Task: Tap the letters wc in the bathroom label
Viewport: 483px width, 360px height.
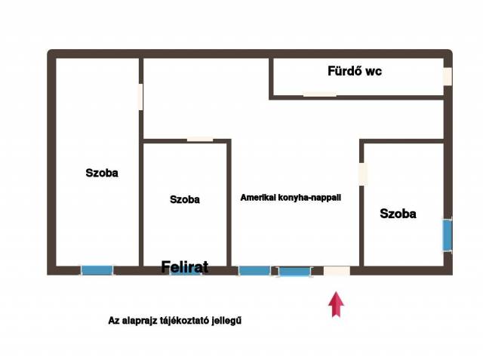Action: click(374, 72)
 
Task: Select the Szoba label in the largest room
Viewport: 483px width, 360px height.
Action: click(102, 173)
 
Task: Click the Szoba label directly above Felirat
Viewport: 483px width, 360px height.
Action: click(185, 199)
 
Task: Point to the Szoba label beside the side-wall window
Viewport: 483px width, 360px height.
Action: click(398, 214)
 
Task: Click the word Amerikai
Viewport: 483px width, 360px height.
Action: click(258, 198)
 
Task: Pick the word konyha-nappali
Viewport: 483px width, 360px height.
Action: click(309, 198)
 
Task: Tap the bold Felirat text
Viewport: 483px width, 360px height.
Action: click(185, 266)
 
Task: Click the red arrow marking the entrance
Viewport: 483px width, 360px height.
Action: click(336, 304)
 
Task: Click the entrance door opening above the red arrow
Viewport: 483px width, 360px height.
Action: click(337, 271)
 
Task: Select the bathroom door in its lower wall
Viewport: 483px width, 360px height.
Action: click(320, 94)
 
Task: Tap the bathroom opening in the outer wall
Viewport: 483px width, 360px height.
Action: click(448, 76)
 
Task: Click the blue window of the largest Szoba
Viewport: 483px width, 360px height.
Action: click(97, 270)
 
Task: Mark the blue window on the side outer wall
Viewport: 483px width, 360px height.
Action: click(448, 235)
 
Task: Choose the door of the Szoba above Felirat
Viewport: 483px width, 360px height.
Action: click(200, 140)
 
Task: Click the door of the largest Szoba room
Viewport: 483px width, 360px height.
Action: click(141, 97)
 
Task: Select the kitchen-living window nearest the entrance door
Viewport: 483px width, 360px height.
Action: click(295, 272)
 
